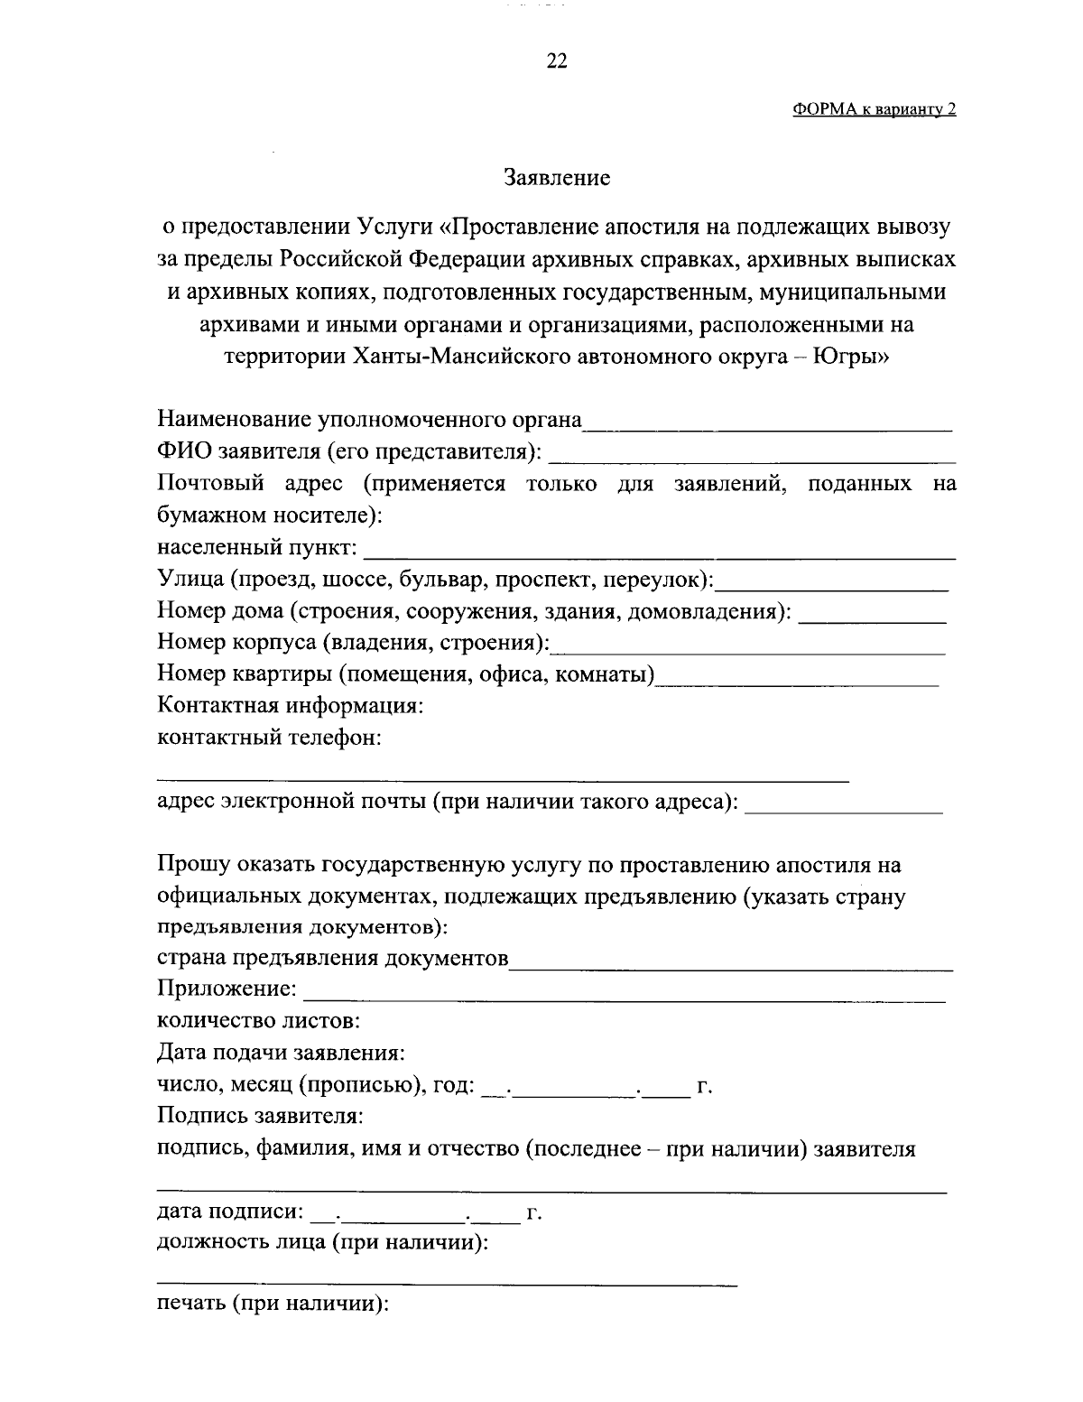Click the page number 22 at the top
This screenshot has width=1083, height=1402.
(556, 61)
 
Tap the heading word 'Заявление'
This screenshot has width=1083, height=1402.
(556, 178)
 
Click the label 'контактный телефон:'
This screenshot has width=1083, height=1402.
(269, 738)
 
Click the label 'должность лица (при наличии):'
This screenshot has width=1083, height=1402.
(323, 1242)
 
